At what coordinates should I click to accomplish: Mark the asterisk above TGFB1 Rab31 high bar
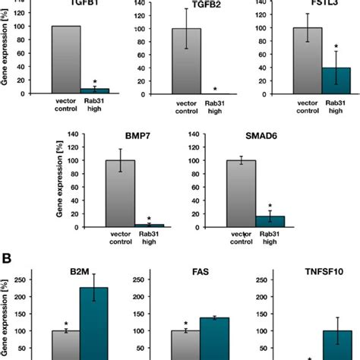pos(95,81)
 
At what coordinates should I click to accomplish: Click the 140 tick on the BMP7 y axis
pos(74,134)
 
